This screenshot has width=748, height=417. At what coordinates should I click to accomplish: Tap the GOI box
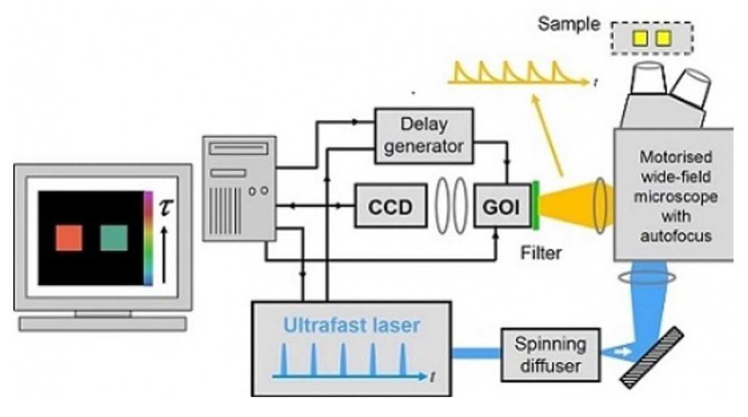tap(501, 206)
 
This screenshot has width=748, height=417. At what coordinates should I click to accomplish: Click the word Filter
tap(540, 252)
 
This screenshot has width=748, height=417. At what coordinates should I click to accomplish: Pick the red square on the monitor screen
tap(69, 237)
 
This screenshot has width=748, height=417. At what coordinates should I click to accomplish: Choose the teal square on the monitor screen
tap(113, 237)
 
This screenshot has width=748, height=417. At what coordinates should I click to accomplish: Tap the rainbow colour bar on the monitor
tap(148, 239)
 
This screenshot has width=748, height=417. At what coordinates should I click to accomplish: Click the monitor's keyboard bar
tap(103, 323)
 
